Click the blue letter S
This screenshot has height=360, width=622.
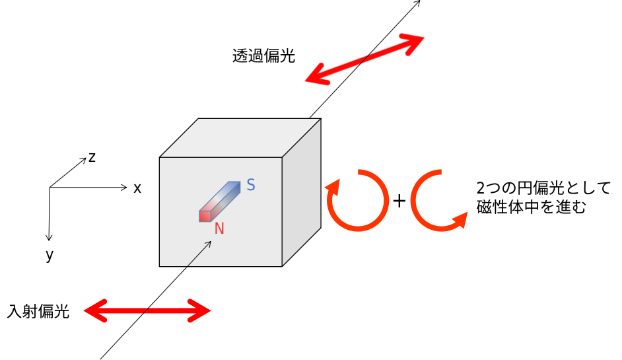(x=251, y=186)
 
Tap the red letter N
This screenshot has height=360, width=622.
(x=219, y=229)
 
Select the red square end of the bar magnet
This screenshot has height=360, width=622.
(x=205, y=217)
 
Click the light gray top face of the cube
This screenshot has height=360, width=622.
(x=240, y=137)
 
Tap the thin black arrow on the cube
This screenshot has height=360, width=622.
(x=199, y=254)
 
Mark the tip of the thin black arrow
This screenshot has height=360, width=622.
(x=211, y=242)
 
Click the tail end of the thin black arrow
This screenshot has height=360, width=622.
(x=188, y=266)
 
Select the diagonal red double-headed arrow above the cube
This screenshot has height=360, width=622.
(x=364, y=59)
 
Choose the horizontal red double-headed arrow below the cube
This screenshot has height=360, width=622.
(x=147, y=310)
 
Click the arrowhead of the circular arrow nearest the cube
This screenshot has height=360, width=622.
(x=333, y=188)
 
